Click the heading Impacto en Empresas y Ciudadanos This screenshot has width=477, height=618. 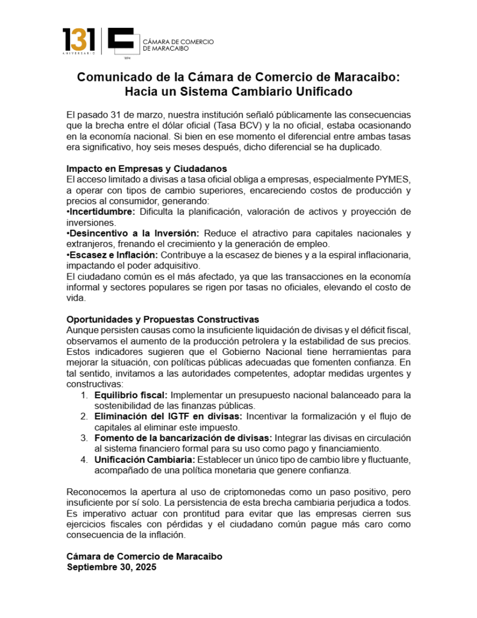pyautogui.click(x=147, y=168)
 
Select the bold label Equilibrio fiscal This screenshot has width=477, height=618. pyautogui.click(x=130, y=395)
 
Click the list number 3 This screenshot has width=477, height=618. pyautogui.click(x=84, y=438)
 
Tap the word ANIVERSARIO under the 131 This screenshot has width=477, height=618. pyautogui.click(x=79, y=53)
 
